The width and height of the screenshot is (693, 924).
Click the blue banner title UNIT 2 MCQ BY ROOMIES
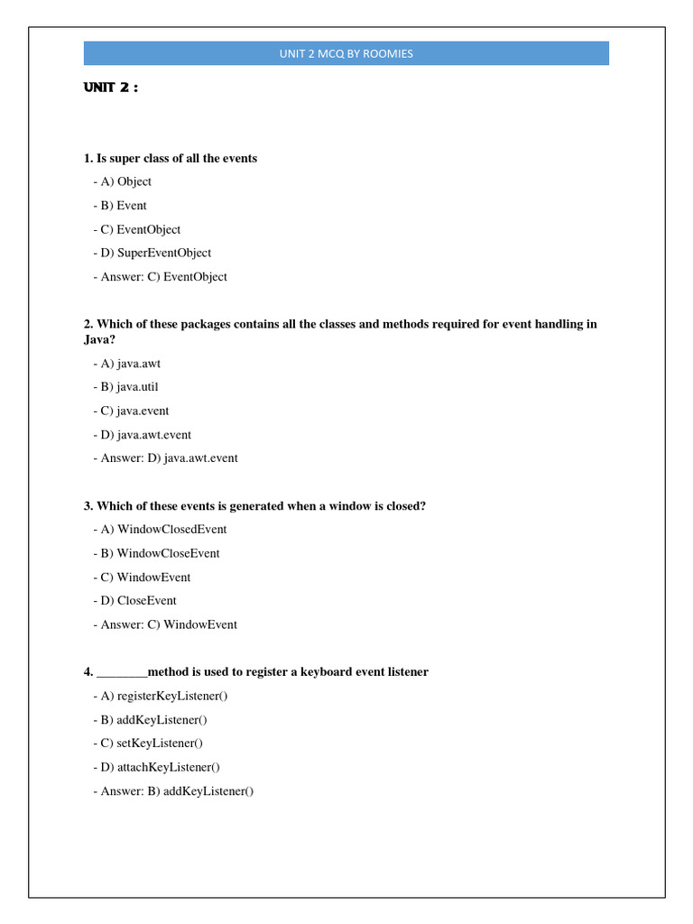[x=346, y=53]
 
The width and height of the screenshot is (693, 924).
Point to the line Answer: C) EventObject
[x=160, y=277]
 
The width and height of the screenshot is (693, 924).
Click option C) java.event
[x=131, y=411]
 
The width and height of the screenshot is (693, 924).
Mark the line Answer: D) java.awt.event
[x=165, y=458]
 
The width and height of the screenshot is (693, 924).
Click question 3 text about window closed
[x=254, y=506]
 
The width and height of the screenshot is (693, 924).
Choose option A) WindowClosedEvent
[x=160, y=530]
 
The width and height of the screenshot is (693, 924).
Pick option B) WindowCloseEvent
[x=156, y=553]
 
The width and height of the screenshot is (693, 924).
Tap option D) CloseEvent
[x=134, y=601]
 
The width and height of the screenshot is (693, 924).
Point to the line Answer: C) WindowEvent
[x=165, y=624]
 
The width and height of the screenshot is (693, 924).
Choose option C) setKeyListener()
[x=148, y=744]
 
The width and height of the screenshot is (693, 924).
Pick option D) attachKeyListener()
[x=156, y=767]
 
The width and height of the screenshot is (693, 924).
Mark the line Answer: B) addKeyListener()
[x=173, y=791]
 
